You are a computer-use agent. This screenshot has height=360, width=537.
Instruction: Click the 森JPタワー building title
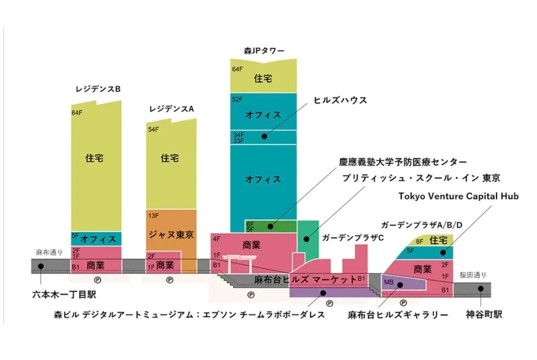tap(264, 51)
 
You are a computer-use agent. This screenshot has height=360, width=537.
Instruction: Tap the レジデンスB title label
tap(98, 89)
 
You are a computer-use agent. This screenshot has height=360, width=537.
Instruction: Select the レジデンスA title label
tap(171, 108)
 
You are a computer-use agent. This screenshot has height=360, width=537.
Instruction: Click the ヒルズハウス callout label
tap(340, 100)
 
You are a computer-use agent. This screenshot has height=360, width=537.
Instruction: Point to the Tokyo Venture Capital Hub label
tap(458, 196)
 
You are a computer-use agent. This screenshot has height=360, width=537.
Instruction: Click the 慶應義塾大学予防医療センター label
tap(403, 162)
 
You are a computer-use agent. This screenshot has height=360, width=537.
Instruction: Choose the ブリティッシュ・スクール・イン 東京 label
tap(421, 178)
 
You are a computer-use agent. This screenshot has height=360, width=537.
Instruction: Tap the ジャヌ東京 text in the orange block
tap(171, 234)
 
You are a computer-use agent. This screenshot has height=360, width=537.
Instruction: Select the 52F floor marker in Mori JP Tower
tap(238, 99)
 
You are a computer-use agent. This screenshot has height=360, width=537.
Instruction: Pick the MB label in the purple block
tap(389, 283)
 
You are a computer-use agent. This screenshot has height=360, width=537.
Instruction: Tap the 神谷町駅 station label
tap(484, 315)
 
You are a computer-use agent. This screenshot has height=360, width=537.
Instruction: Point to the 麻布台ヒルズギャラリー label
tap(398, 315)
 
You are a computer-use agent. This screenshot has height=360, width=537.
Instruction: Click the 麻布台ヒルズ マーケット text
tap(305, 279)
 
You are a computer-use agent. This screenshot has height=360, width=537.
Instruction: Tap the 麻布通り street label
tap(49, 252)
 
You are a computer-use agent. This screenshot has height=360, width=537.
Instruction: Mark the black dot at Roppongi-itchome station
tap(41, 266)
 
